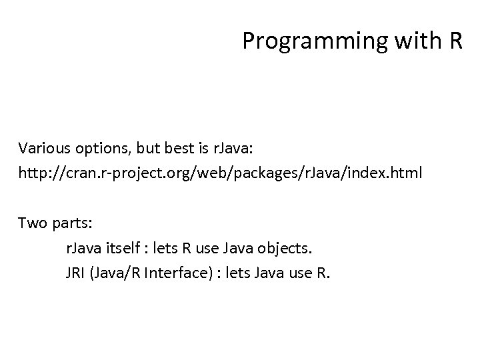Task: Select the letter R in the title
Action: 455,41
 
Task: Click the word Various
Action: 42,147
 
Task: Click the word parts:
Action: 69,223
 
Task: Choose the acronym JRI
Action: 75,273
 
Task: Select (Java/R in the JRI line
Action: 114,273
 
